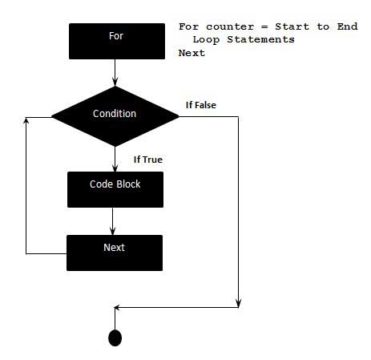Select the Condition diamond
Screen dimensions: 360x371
[115, 115]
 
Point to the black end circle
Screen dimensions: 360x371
[115, 338]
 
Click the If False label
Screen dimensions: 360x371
[201, 105]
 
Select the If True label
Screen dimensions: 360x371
[147, 160]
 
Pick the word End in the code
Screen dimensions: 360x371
[347, 26]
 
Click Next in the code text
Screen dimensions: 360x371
[192, 53]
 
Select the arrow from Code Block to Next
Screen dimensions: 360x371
[114, 221]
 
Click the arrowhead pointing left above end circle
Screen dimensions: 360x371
[119, 307]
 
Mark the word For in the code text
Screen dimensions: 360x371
[188, 26]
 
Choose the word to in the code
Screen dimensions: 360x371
[322, 26]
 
